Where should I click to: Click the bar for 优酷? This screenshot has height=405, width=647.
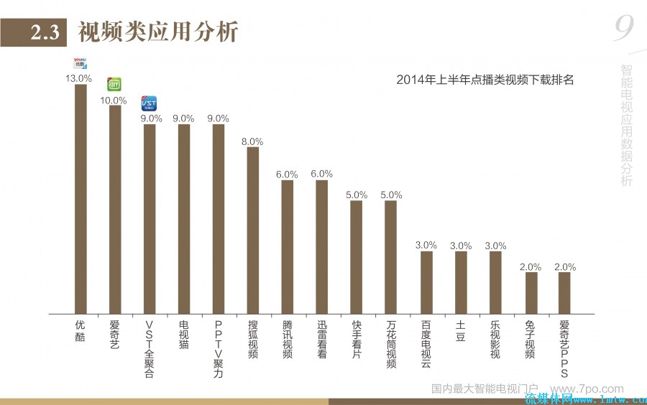coord(81,199)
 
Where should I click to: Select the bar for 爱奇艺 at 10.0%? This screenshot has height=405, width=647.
coord(115,210)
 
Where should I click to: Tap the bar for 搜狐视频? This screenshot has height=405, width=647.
coord(253,230)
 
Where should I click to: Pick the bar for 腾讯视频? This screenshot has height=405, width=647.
coord(288,247)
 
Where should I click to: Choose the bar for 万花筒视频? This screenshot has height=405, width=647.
coord(391,257)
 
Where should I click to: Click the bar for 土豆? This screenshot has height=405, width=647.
coord(460,282)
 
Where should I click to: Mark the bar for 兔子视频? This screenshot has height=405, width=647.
coord(531,293)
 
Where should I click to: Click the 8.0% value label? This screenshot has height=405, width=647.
coord(253,141)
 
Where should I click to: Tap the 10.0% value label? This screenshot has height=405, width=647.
coord(114,100)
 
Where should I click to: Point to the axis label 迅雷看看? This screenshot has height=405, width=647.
coord(322,340)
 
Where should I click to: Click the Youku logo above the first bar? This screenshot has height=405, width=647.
coord(80,64)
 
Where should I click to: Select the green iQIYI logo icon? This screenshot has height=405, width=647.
coord(114,85)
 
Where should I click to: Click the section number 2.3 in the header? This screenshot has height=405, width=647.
coord(44,32)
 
